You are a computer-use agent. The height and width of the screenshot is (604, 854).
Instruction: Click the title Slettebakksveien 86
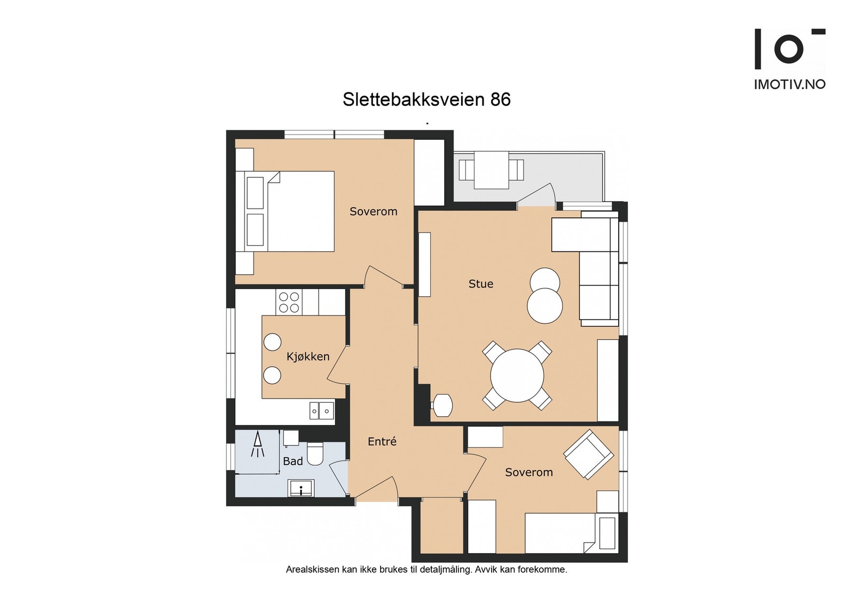point(426,99)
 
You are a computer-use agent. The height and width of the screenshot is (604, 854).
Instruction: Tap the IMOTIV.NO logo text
point(789,84)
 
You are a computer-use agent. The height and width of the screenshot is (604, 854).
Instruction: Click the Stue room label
point(480,284)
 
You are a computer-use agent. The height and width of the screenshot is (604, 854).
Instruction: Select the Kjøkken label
point(308,356)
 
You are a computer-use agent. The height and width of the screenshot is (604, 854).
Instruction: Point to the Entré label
point(382,441)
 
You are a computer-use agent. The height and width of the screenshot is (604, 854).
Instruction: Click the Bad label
point(292,461)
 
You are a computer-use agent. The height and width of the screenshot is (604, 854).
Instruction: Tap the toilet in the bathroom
point(315,453)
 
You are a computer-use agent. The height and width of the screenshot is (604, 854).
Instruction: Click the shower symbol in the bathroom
point(258,446)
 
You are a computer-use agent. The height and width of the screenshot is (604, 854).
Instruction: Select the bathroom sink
point(301,488)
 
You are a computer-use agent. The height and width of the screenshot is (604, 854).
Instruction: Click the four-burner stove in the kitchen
point(289,302)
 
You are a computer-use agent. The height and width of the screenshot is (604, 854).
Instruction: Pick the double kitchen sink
point(321,411)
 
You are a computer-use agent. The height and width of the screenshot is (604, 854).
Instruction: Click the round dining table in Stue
point(517,375)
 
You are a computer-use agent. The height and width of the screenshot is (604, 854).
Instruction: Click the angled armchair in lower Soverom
point(588,454)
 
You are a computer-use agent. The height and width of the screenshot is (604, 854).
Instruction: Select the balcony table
point(491,170)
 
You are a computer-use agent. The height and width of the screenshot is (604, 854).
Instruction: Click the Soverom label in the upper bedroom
point(373,211)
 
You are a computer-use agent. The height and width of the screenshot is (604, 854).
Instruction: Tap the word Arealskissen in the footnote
point(312,569)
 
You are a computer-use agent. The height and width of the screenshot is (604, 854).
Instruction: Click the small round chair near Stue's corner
point(442,406)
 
